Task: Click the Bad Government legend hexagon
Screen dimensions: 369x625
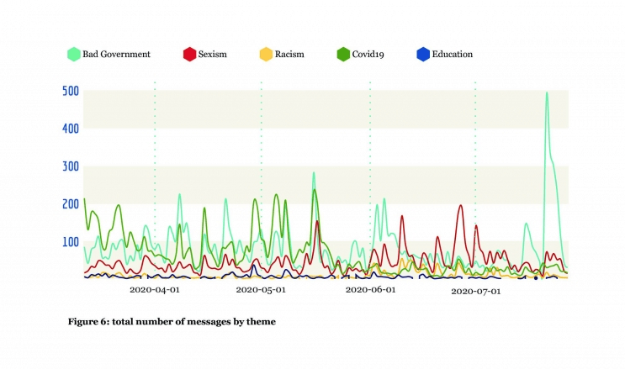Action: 73,55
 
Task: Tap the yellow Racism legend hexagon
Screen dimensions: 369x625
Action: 265,55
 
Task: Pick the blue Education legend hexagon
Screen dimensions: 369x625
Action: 424,55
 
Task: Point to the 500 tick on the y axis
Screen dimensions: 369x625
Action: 71,91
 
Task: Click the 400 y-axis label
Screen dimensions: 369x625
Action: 71,129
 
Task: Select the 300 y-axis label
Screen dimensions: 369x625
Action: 71,166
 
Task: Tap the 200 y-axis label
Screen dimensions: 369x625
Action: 71,204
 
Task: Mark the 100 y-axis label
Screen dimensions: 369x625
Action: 71,242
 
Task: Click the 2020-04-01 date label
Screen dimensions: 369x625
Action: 154,291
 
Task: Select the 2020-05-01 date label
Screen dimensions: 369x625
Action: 261,291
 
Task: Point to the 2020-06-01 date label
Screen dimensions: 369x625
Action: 370,291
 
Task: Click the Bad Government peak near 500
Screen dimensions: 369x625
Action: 547,93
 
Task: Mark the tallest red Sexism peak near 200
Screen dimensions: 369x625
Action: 460,205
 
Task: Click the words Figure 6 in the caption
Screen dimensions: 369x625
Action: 91,321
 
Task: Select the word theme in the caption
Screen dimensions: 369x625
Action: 260,321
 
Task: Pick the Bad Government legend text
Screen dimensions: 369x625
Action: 116,55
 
